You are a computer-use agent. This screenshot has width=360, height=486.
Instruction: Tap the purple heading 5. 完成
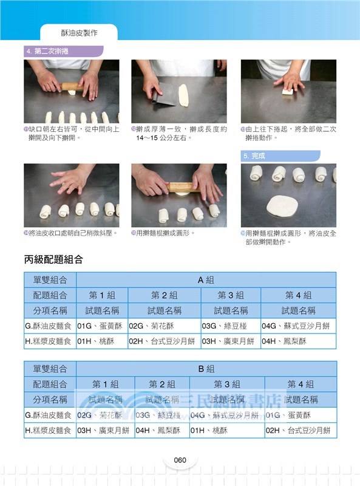pyautogui.click(x=255, y=156)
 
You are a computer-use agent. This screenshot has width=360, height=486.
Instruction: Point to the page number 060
pyautogui.click(x=179, y=460)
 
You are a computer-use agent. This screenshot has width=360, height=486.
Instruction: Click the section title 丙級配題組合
pyautogui.click(x=53, y=259)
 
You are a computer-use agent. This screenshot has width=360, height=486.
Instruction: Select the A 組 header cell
pyautogui.click(x=206, y=280)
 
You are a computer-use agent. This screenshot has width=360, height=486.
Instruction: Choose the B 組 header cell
pyautogui.click(x=206, y=369)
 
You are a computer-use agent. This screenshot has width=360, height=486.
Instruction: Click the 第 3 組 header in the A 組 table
pyautogui.click(x=230, y=295)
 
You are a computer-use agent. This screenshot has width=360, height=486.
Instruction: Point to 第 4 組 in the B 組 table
pyautogui.click(x=300, y=385)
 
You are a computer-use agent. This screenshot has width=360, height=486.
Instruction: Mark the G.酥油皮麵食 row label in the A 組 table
pyautogui.click(x=50, y=326)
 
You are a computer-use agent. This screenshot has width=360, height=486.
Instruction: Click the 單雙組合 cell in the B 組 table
pyautogui.click(x=50, y=369)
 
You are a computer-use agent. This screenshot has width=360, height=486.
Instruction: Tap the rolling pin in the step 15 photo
pyautogui.click(x=182, y=188)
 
